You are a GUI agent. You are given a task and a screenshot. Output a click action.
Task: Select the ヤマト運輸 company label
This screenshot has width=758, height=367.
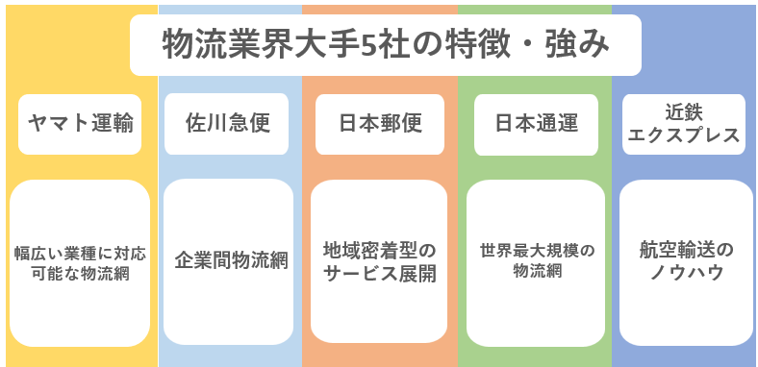(80, 123)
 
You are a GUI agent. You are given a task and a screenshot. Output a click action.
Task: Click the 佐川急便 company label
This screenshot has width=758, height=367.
(226, 123)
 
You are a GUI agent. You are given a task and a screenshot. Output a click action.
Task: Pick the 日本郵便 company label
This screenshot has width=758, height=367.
(380, 123)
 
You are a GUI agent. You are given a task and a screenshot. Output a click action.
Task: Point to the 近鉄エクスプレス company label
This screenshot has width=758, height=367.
(684, 123)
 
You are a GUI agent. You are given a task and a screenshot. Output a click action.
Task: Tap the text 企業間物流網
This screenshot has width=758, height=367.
(230, 260)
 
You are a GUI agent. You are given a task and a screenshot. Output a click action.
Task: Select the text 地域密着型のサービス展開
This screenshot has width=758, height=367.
(380, 261)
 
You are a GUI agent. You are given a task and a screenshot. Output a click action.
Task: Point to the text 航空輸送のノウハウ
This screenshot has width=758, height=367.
(686, 260)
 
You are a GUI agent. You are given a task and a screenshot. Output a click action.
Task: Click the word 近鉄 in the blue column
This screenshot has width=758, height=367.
(684, 110)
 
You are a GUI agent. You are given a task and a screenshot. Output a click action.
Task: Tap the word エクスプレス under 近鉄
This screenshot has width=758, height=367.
(684, 135)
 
